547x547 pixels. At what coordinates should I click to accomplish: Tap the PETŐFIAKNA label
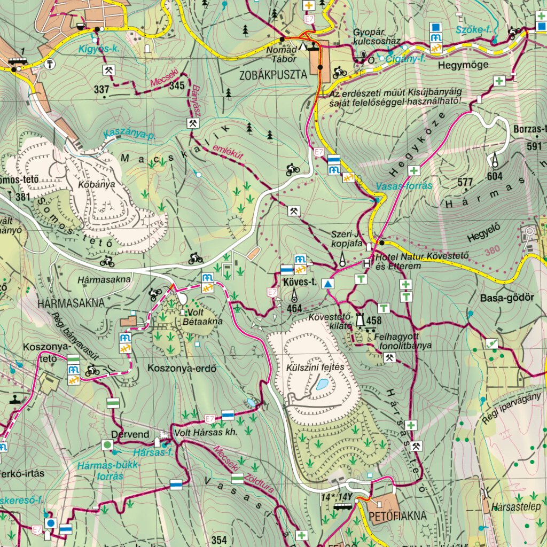click(x=397, y=516)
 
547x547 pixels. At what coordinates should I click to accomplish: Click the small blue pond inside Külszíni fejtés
click(x=322, y=384)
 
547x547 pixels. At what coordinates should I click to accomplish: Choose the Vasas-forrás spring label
click(x=404, y=186)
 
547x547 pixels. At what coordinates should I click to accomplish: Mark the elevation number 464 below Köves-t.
click(x=294, y=308)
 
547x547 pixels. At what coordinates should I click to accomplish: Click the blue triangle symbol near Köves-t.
click(x=327, y=284)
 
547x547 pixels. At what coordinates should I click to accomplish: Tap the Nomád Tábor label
click(x=282, y=53)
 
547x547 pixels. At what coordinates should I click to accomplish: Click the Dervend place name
click(x=130, y=434)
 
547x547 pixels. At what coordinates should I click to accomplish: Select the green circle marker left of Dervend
click(x=107, y=444)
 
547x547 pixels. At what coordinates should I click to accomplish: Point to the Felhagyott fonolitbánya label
click(x=395, y=341)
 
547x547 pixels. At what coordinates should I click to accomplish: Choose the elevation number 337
click(x=101, y=90)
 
